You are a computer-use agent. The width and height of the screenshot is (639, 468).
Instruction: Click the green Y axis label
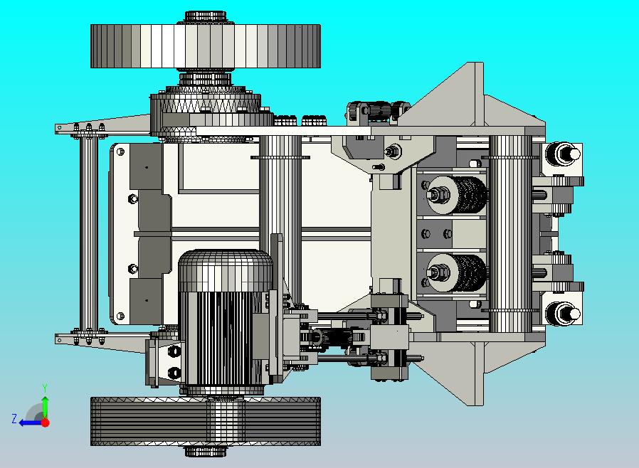coord(46,388)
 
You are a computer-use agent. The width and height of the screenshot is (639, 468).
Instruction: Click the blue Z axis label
coord(14,419)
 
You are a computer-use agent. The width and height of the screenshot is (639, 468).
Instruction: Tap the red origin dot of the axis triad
coord(46,422)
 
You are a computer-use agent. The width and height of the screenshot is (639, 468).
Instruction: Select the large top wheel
coord(206,46)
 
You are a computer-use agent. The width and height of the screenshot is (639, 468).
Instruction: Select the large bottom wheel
coord(206,421)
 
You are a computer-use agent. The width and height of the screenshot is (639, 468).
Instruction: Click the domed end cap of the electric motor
coord(226,270)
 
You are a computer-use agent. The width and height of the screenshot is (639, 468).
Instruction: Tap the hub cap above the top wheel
coord(206,17)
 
